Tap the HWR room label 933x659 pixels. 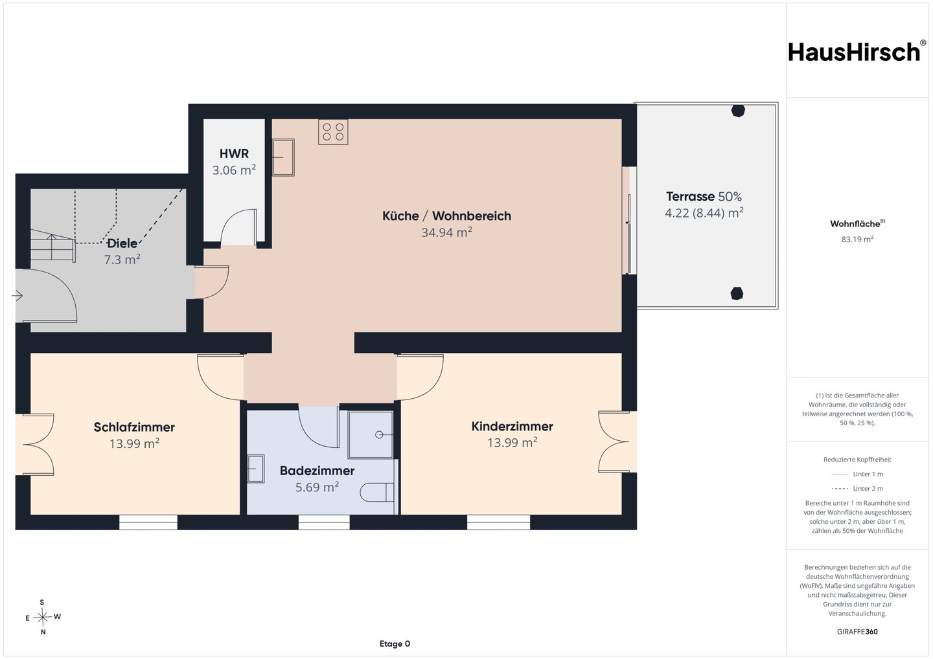tap(234, 153)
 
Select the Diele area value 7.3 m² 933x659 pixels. tap(122, 260)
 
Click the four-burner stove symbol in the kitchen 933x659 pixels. tap(333, 132)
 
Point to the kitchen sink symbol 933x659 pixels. tap(283, 157)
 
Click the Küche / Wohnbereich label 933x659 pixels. tap(446, 216)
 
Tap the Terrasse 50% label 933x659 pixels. tap(704, 196)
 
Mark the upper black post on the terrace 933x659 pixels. tap(738, 111)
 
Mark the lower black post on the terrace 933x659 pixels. tap(737, 293)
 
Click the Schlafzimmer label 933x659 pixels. tap(134, 427)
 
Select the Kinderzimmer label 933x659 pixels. tap(513, 426)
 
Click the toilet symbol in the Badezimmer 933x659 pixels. tap(377, 492)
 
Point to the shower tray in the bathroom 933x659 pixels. tap(371, 435)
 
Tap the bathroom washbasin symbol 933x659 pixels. tap(256, 469)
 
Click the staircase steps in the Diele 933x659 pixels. tap(53, 248)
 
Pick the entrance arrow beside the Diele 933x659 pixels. tap(17, 296)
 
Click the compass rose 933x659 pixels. tap(43, 617)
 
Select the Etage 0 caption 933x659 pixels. tap(395, 643)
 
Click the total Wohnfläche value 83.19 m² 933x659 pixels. tap(857, 240)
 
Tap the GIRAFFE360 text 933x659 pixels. tap(857, 632)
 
